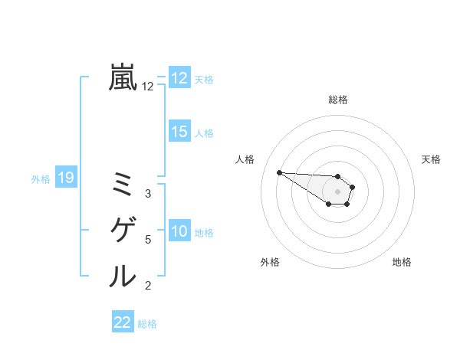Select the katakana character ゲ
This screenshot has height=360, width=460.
123,230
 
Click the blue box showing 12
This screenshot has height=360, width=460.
179,78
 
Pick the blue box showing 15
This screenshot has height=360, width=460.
179,132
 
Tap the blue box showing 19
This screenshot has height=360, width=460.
65,178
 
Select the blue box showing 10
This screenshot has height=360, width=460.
179,231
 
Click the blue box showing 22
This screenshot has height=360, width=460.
123,322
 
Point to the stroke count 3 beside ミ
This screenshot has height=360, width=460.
148,194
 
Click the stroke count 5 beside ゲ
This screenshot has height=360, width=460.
148,240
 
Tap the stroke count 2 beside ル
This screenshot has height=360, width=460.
148,286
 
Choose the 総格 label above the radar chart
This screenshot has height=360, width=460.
338,100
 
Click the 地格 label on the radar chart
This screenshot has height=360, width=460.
402,262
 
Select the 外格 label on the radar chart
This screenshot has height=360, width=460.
270,262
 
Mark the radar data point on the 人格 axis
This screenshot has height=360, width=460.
279,172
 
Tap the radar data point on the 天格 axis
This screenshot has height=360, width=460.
353,187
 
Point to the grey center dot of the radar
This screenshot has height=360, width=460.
338,191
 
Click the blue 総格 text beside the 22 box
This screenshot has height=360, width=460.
147,323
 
